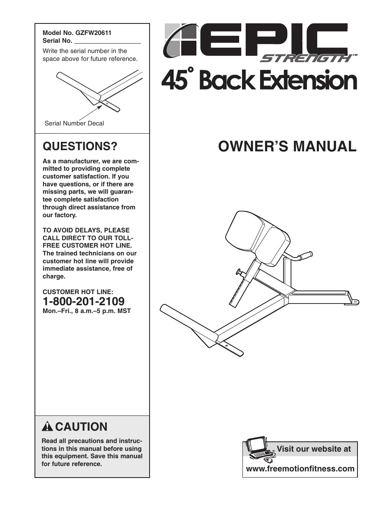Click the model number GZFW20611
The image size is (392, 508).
click(x=93, y=33)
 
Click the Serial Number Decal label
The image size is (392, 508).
click(x=74, y=123)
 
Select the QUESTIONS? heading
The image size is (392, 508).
click(x=80, y=146)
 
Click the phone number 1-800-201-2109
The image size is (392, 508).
click(x=83, y=302)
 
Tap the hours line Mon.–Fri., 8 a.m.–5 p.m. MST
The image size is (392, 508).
click(x=87, y=311)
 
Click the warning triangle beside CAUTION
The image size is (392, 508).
click(x=47, y=427)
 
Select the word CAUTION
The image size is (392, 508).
click(x=81, y=427)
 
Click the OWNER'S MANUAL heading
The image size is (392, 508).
click(x=287, y=146)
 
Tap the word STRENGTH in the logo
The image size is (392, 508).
click(x=305, y=58)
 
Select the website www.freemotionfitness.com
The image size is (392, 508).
click(x=300, y=469)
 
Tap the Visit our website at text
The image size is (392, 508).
click(x=314, y=449)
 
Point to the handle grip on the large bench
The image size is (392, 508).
click(x=305, y=255)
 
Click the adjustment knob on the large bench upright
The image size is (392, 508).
click(x=238, y=272)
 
